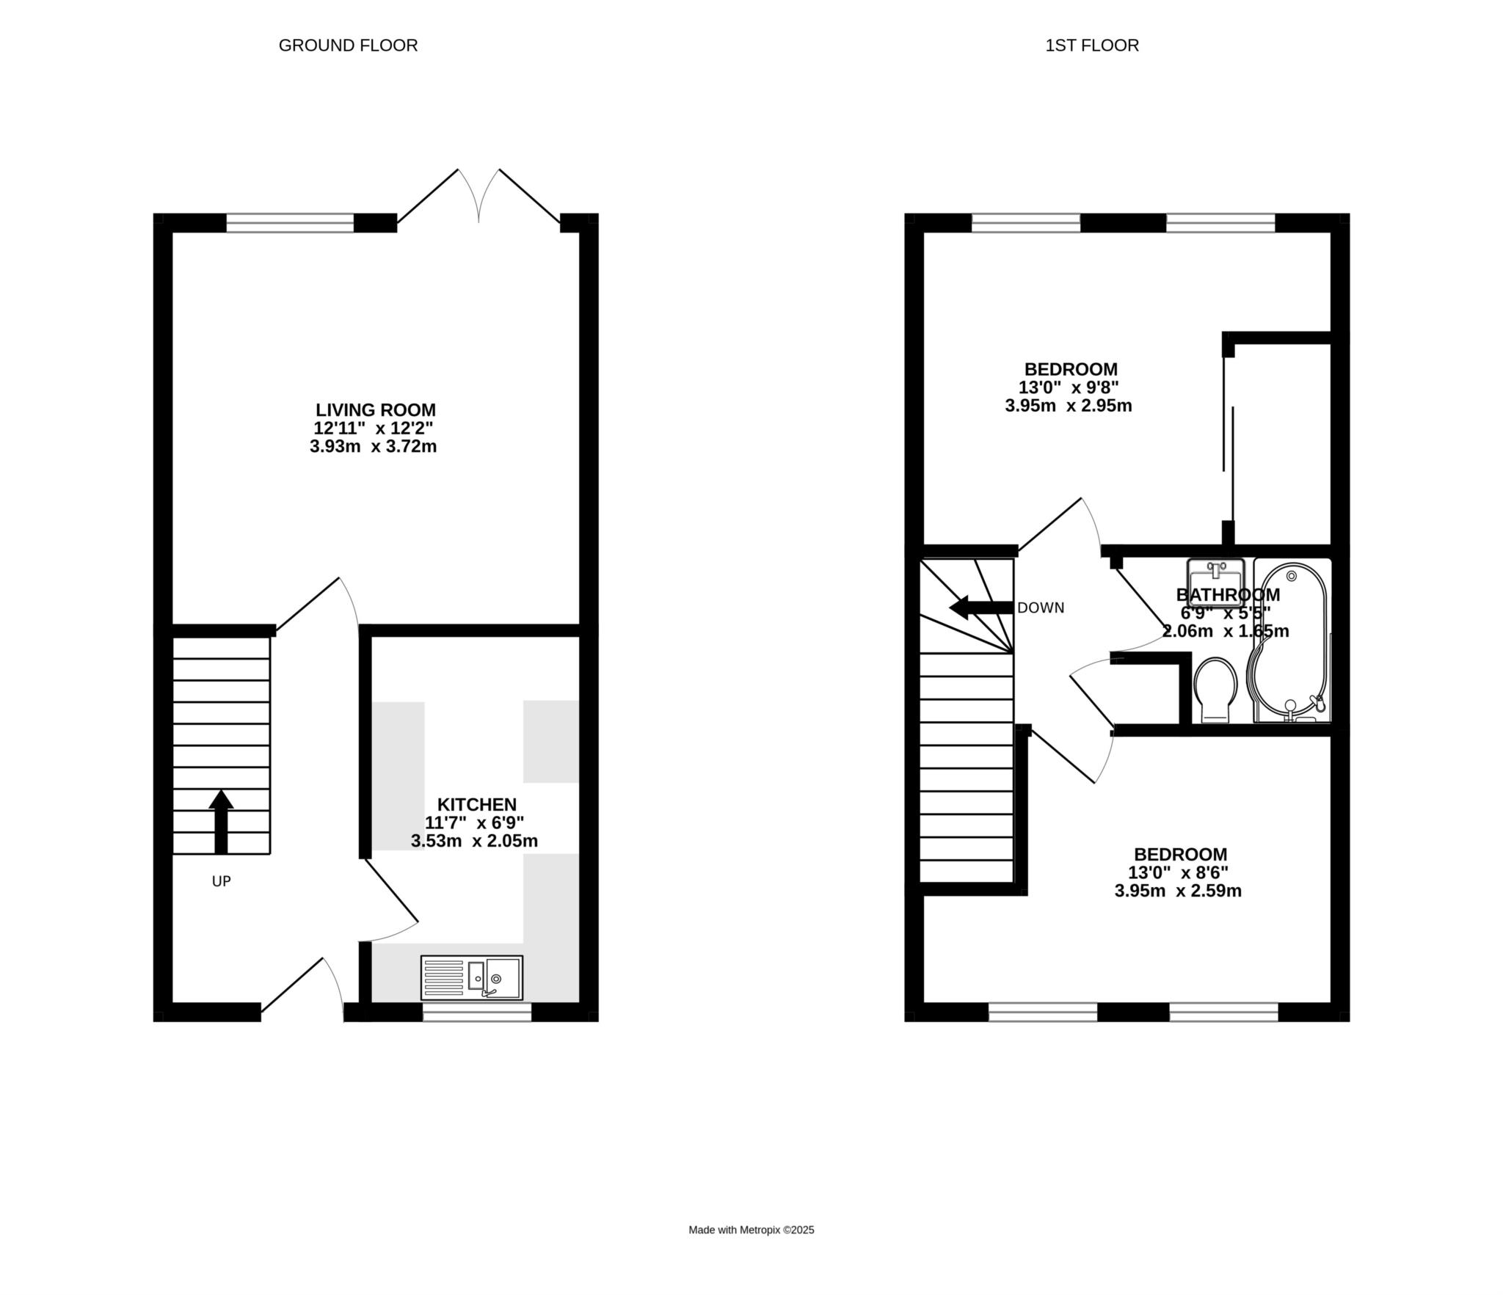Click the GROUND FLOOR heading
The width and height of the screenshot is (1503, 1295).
(x=348, y=45)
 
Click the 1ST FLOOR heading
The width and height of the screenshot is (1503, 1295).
(x=1092, y=45)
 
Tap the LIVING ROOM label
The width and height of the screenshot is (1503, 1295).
(x=376, y=410)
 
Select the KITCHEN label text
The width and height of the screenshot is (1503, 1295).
(x=477, y=804)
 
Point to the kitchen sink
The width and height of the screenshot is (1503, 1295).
(x=472, y=978)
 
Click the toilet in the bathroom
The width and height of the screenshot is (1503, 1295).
(x=1215, y=690)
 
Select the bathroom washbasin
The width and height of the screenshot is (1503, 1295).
(x=1215, y=582)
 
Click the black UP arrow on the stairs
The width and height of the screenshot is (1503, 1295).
(x=221, y=822)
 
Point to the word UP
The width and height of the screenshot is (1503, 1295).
(x=222, y=881)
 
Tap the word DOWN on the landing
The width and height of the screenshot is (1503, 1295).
(x=1041, y=608)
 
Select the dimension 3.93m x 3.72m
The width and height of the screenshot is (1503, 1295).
(x=373, y=446)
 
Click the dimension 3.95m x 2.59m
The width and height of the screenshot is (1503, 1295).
(x=1178, y=891)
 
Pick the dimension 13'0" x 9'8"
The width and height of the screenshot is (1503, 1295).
(x=1069, y=387)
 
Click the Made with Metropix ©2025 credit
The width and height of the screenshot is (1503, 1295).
(x=751, y=1230)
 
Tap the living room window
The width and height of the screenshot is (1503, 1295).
(x=291, y=222)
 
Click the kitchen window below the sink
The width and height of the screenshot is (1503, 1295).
(x=477, y=1013)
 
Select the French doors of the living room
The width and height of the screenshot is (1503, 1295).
(x=478, y=196)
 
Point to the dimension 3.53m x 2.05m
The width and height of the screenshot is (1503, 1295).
(x=474, y=841)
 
